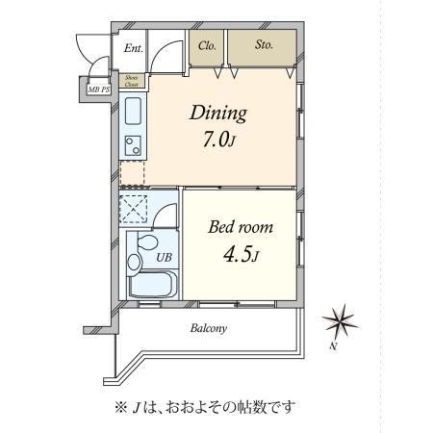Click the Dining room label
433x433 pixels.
[218, 114]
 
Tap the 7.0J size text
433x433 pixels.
[219, 140]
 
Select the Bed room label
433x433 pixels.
[241, 227]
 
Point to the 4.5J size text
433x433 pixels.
[241, 255]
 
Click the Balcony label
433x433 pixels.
[209, 328]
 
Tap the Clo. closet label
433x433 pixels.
[207, 46]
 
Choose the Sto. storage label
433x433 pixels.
[264, 44]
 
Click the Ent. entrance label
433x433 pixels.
[133, 48]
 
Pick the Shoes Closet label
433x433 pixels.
[131, 81]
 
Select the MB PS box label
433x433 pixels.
[99, 89]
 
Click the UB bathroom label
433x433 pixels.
[164, 257]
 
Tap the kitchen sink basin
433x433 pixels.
[133, 111]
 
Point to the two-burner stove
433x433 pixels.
[133, 145]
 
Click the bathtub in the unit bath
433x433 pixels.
[153, 285]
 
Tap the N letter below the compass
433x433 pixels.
[334, 346]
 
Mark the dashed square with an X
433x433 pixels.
[133, 209]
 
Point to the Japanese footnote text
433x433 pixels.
[205, 408]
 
